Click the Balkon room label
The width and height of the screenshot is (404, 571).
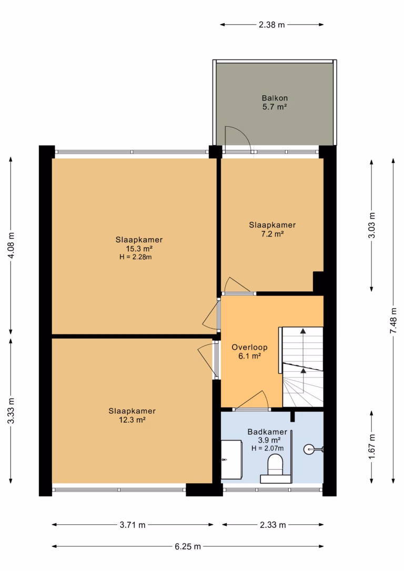(275, 98)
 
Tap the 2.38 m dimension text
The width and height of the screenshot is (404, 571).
(272, 25)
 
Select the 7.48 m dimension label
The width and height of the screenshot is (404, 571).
(393, 320)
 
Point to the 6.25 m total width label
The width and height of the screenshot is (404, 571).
(188, 546)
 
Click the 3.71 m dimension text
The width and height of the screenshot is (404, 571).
(133, 525)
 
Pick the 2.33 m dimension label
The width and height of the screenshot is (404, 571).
(273, 525)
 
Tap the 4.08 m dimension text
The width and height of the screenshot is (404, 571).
(11, 245)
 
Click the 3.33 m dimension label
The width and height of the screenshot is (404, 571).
(11, 411)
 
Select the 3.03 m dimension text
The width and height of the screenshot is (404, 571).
(371, 225)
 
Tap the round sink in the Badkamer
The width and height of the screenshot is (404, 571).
(309, 450)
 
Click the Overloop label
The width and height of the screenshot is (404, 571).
(249, 348)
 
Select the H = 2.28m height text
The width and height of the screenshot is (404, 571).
(136, 257)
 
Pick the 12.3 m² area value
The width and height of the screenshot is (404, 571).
(132, 420)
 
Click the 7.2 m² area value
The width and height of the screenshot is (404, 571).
(272, 234)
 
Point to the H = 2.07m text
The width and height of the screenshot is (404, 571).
(267, 448)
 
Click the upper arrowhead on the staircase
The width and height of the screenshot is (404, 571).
(302, 331)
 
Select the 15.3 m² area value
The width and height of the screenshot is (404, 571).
(139, 249)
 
